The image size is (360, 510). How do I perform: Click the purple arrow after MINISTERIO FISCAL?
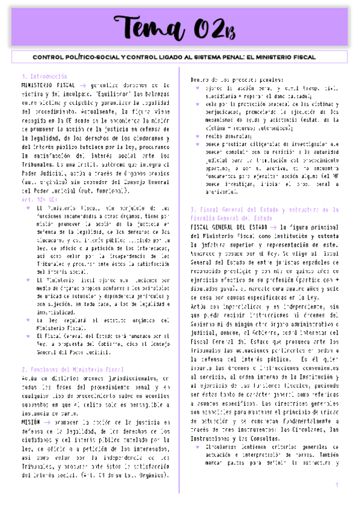click(84, 86)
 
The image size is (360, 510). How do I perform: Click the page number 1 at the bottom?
click(337, 485)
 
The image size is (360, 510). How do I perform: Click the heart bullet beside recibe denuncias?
click(198, 137)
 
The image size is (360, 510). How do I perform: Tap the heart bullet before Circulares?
click(198, 447)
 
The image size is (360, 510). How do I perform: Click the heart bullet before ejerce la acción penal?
click(198, 88)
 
